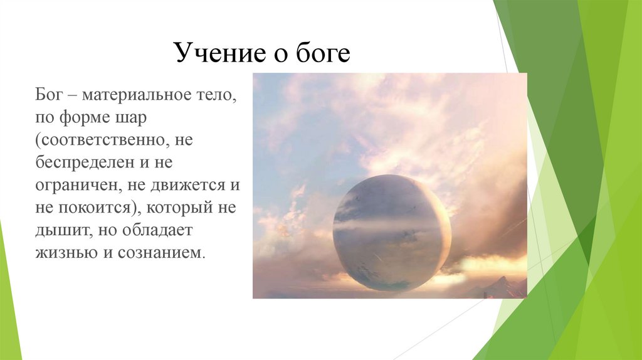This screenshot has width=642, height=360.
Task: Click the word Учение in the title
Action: (x=219, y=53)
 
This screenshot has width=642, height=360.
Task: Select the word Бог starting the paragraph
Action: (x=49, y=95)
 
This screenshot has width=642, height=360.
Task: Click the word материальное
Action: (x=136, y=95)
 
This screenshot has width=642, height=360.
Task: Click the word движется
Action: (x=187, y=186)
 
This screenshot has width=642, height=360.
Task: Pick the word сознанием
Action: (x=160, y=253)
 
